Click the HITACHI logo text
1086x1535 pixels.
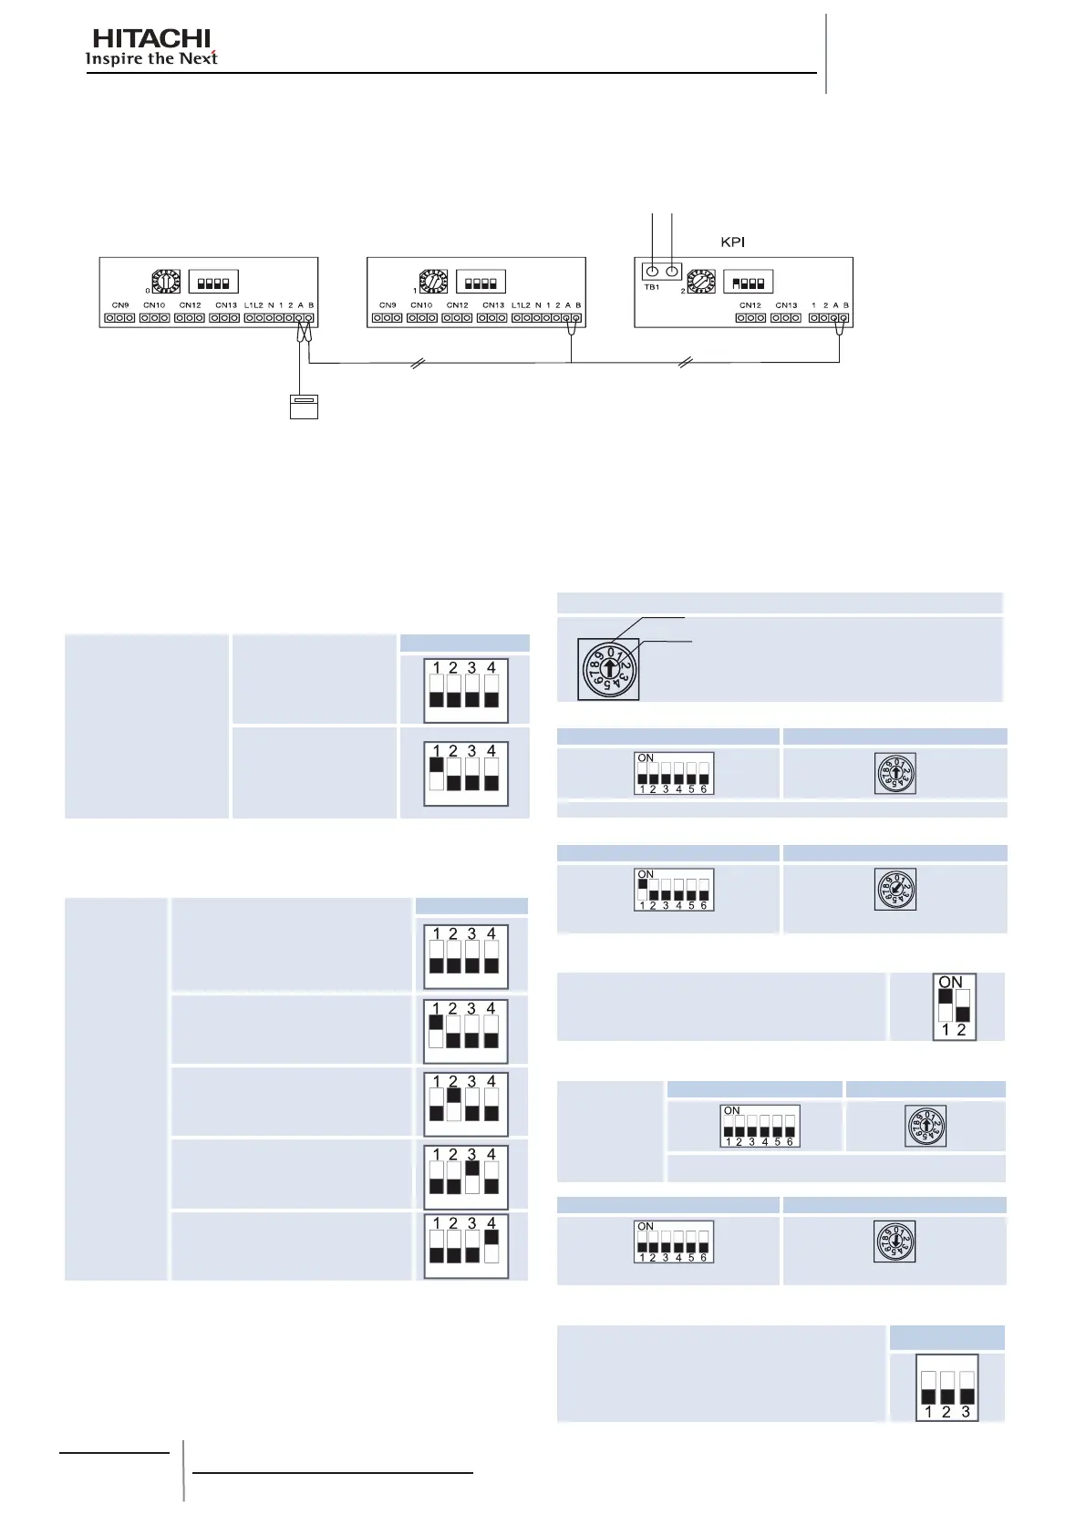coord(151,38)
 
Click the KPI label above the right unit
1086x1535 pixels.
coord(732,242)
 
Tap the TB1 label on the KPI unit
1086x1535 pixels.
coord(652,287)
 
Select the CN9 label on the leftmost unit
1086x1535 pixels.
coord(120,305)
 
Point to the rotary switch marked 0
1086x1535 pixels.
coord(166,282)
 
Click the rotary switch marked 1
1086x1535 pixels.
coord(433,282)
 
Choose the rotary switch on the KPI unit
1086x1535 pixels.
coord(701,282)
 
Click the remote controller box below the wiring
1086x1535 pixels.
coord(304,407)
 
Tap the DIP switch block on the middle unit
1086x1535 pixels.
coord(481,283)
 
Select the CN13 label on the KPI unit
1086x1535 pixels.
coord(786,305)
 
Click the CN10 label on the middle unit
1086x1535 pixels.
coord(421,305)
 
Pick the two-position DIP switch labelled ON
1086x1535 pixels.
coord(954,1006)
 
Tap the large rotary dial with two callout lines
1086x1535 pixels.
coord(608,669)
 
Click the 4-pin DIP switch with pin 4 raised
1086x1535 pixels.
coord(465,1245)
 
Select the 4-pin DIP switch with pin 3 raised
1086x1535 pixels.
coord(465,1176)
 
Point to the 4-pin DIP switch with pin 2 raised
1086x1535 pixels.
coord(465,1103)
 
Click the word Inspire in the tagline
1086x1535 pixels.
coord(114,59)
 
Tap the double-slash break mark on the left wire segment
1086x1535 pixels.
coord(418,364)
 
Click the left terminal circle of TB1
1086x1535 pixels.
coord(651,271)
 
